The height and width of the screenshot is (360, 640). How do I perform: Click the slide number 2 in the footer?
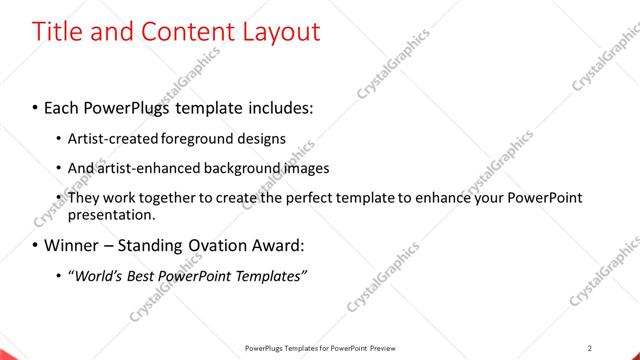pos(590,348)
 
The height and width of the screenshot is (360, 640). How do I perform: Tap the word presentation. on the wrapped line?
pos(111,214)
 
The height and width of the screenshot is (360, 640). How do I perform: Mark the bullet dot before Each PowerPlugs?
pos(36,106)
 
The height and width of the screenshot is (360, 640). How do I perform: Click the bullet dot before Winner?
pos(36,245)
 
